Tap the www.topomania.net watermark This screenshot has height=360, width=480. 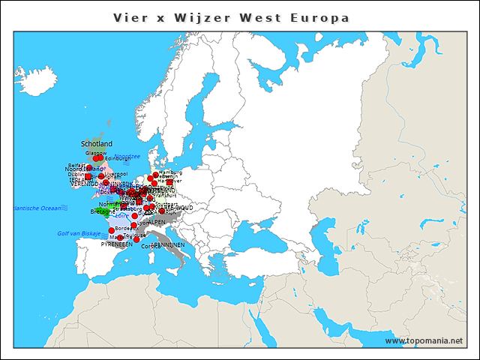(x=424, y=341)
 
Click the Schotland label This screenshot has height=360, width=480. (x=97, y=143)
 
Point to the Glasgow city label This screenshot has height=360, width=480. (x=96, y=152)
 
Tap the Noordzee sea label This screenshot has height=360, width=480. (x=127, y=156)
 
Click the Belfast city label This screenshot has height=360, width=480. (x=77, y=165)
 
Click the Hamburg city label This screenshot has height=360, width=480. (x=171, y=172)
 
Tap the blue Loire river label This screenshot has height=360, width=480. (x=121, y=215)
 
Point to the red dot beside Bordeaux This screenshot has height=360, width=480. (x=112, y=230)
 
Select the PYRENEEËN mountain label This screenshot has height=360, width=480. (x=116, y=244)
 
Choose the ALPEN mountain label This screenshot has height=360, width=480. (x=157, y=222)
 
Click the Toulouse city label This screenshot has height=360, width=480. (x=135, y=235)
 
